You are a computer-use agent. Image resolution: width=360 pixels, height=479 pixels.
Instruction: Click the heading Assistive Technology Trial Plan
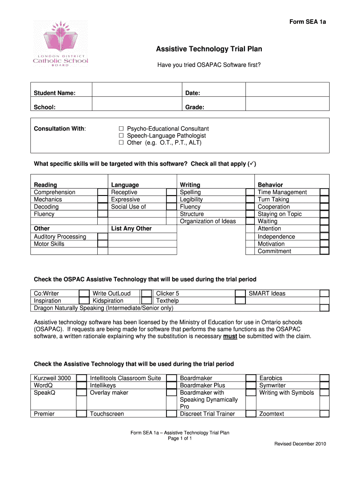coord(209,49)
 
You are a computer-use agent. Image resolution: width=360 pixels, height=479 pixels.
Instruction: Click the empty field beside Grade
coord(288,107)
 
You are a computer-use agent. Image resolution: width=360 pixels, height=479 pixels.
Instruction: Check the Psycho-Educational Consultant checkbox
coord(121,129)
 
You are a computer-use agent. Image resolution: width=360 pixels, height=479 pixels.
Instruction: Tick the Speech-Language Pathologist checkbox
coord(121,136)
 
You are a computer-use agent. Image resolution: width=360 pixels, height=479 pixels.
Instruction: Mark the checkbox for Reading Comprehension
coord(102,192)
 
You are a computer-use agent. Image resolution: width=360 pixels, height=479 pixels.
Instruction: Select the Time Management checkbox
coord(324,192)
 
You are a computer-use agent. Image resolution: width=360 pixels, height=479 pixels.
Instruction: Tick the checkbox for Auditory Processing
coord(102,237)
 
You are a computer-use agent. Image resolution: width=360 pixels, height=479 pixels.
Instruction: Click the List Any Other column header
coord(131,229)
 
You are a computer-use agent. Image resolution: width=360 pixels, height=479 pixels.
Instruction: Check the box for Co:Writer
coord(84,294)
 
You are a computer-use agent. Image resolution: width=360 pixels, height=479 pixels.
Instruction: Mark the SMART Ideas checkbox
coord(324,294)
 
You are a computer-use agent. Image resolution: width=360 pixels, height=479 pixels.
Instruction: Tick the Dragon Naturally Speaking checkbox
coord(324,308)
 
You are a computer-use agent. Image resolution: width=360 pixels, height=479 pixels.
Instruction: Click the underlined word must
coord(230,336)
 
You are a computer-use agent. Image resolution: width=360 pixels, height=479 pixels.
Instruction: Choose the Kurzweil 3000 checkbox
coord(81,378)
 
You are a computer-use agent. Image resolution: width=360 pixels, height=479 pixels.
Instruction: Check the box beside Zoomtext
coord(324,414)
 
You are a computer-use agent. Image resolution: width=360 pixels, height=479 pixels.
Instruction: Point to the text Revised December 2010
coord(300,444)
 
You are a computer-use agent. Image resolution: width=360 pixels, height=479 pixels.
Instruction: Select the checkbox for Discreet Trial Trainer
coord(251,414)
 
